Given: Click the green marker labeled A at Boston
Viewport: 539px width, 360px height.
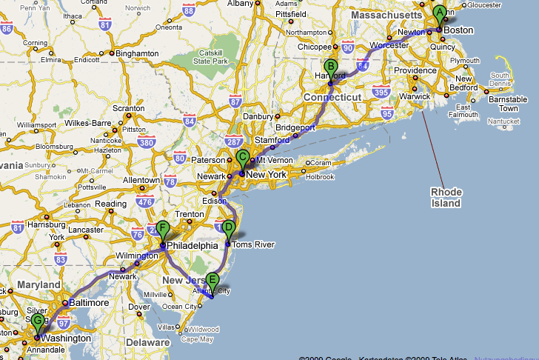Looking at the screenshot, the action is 439,13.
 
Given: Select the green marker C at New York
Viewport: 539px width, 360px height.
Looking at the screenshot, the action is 242,157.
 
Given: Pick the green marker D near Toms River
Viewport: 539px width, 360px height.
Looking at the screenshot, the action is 229,228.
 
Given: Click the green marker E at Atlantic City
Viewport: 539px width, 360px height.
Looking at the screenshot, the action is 212,281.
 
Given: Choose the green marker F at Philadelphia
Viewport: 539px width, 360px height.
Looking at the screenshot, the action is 163,229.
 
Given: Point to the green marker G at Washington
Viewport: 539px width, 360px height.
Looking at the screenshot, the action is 38,321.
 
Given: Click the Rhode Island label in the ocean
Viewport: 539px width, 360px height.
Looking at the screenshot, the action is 446,198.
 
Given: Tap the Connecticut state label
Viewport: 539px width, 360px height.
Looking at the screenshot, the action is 332,98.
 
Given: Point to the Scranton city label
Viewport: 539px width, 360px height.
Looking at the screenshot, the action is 129,108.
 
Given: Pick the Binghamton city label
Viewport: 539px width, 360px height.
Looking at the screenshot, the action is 138,53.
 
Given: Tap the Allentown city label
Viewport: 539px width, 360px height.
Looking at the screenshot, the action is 141,180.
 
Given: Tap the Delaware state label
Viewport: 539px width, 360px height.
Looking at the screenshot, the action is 147,343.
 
